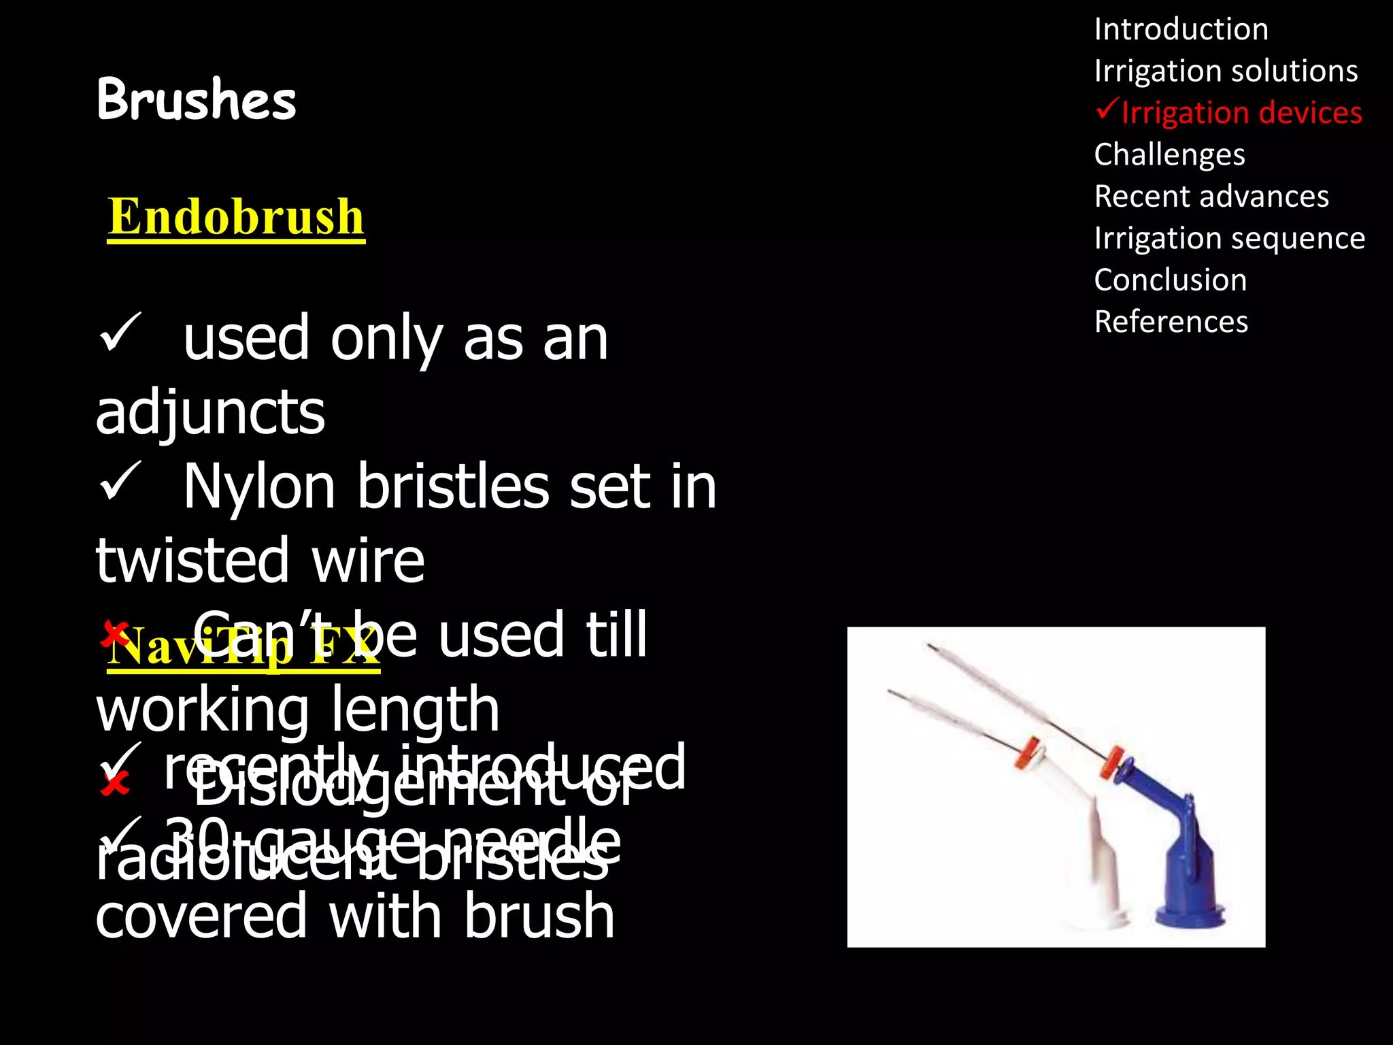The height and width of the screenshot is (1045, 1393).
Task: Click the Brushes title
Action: point(196,99)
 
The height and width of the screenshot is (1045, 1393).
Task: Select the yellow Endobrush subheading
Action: point(236,217)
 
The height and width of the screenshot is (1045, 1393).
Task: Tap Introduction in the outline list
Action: point(1181,29)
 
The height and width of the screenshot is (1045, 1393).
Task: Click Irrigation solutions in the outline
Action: point(1226,71)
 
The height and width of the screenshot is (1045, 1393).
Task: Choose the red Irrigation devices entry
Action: point(1241,113)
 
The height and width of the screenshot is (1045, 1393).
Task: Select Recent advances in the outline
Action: point(1211,197)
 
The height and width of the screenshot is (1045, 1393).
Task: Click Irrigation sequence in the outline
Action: point(1229,238)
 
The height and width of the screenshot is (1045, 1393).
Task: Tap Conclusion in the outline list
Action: point(1170,280)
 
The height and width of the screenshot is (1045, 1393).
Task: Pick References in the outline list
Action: point(1171,322)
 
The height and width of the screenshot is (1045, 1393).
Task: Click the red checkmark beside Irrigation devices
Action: point(1107,109)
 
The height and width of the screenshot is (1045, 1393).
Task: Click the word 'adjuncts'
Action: point(210,412)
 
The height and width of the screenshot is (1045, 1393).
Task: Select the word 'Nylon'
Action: point(259,486)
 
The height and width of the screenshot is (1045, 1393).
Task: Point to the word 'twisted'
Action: point(193,561)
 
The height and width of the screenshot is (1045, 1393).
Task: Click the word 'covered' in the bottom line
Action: point(201,916)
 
